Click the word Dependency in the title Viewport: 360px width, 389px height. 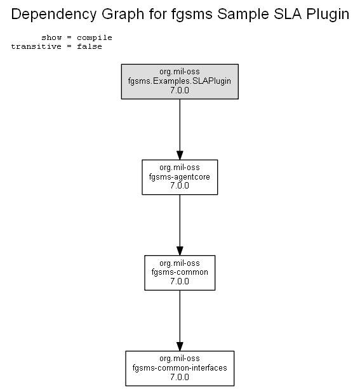pyautogui.click(x=53, y=15)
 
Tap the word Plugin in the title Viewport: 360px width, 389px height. pyautogui.click(x=328, y=15)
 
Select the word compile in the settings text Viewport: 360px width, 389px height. pyautogui.click(x=95, y=37)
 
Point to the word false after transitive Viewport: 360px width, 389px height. pyautogui.click(x=90, y=46)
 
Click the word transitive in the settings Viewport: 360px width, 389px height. pyautogui.click(x=36, y=46)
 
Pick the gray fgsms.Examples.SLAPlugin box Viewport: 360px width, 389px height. pyautogui.click(x=180, y=82)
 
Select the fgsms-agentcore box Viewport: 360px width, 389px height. pyautogui.click(x=180, y=177)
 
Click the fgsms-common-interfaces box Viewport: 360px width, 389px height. pyautogui.click(x=180, y=368)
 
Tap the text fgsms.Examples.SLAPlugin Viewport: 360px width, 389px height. pyautogui.click(x=180, y=81)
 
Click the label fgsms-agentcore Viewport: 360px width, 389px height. pyautogui.click(x=180, y=177)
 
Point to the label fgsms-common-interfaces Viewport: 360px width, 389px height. pyautogui.click(x=180, y=367)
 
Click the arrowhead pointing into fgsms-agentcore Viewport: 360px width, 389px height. pyautogui.click(x=180, y=155)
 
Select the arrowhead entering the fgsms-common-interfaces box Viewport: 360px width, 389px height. pyautogui.click(x=180, y=346)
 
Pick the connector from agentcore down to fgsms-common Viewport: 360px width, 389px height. pyautogui.click(x=180, y=225)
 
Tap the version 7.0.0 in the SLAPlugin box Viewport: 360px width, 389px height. pyautogui.click(x=180, y=90)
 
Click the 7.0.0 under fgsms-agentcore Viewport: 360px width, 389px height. pyautogui.click(x=180, y=185)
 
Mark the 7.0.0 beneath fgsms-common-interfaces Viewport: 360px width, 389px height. pyautogui.click(x=180, y=377)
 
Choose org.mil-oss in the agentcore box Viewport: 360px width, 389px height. pyautogui.click(x=180, y=168)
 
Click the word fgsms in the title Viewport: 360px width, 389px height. pyautogui.click(x=192, y=15)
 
